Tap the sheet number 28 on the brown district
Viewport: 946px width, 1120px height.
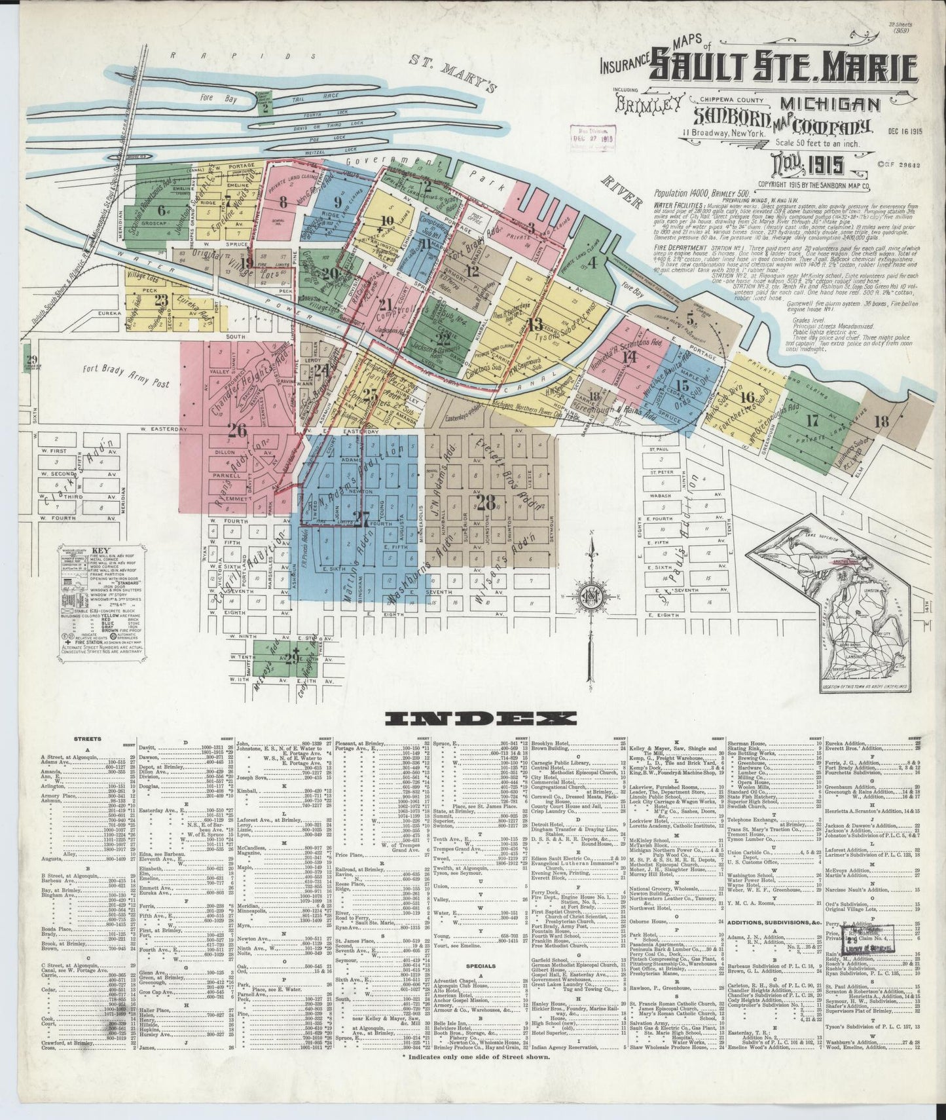point(486,503)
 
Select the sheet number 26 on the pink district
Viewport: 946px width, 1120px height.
point(237,430)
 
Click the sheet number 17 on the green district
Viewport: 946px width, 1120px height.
point(812,420)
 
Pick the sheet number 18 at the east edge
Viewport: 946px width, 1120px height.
point(881,421)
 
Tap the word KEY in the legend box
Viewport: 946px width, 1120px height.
point(101,550)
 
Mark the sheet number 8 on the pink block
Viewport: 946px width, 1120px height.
point(283,202)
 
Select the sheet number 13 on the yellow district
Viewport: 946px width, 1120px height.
point(536,323)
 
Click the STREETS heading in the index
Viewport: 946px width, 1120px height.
point(88,738)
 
